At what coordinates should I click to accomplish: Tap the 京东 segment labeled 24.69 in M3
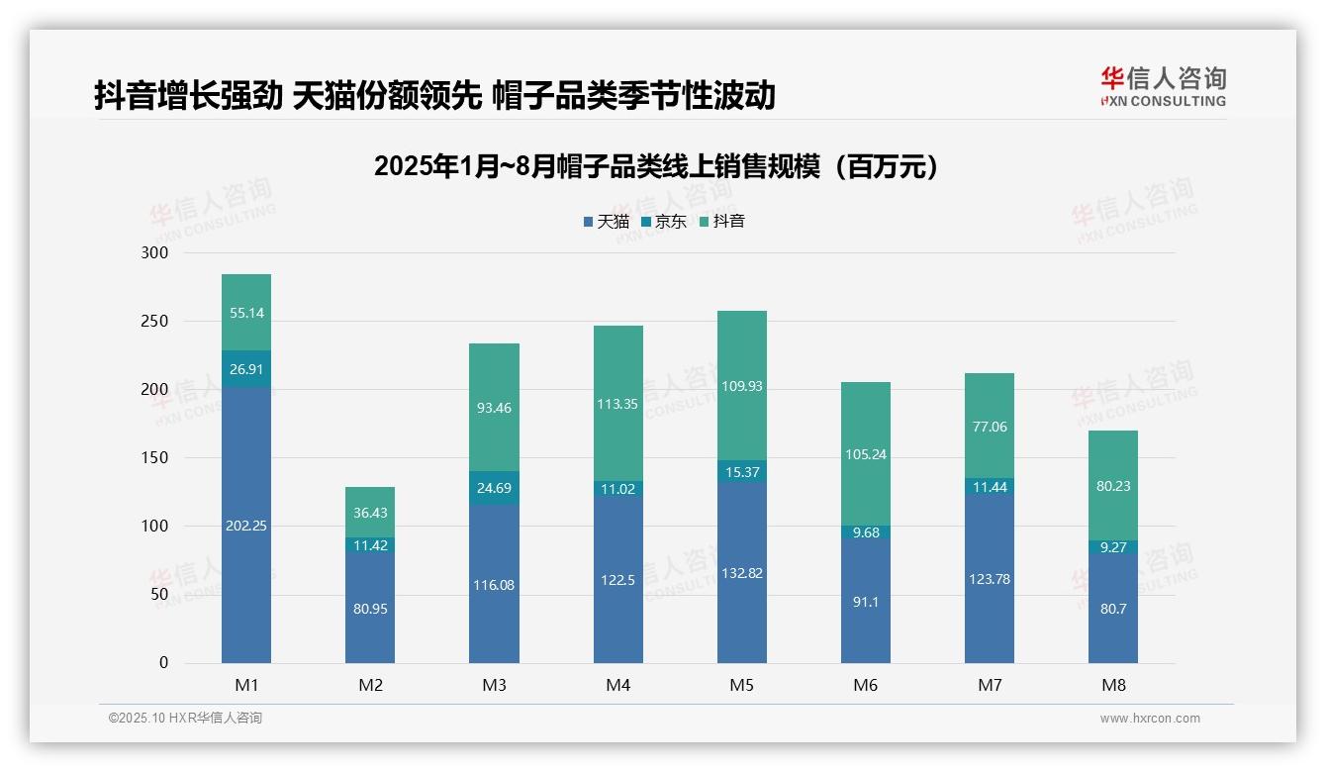tap(494, 488)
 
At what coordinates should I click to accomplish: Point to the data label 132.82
tap(742, 573)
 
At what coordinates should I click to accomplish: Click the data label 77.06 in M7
tap(990, 427)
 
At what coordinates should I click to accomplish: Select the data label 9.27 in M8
tap(1113, 546)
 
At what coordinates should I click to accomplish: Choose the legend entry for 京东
tap(664, 222)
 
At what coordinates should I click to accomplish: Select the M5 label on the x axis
tap(742, 685)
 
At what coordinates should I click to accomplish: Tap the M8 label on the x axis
tap(1113, 685)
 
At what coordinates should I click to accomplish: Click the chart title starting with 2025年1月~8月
tap(655, 167)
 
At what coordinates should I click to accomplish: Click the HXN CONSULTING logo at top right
tap(1163, 87)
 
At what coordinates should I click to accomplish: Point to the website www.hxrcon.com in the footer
tap(1150, 719)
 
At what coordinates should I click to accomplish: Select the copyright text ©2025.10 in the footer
tap(185, 719)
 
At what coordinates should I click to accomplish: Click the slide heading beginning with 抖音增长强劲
tap(434, 96)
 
